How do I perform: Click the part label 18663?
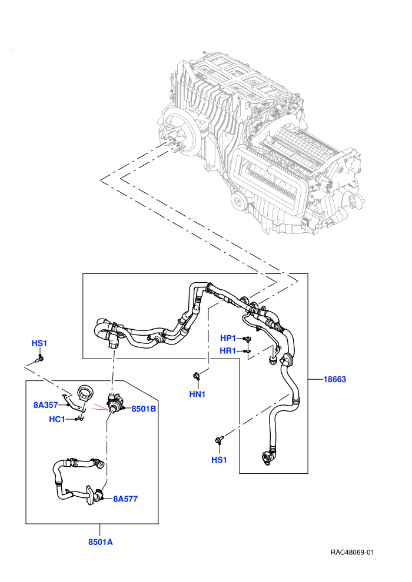[x=334, y=379]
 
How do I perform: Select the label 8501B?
[x=144, y=409]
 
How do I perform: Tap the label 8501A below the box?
[x=100, y=541]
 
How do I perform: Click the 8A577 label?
[x=125, y=499]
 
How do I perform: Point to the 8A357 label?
[x=46, y=405]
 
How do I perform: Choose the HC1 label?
[x=57, y=419]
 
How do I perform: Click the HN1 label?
[x=197, y=394]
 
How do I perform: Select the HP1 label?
[x=228, y=338]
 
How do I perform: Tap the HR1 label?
[x=228, y=350]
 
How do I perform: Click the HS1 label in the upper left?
[x=39, y=343]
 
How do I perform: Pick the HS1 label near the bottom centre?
[x=219, y=460]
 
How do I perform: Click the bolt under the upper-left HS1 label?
[x=40, y=359]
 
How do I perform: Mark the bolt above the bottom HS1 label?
[x=218, y=440]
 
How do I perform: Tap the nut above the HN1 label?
[x=196, y=376]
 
